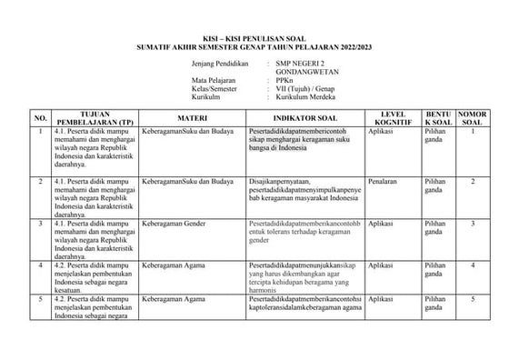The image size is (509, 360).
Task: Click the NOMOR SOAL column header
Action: (472, 117)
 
